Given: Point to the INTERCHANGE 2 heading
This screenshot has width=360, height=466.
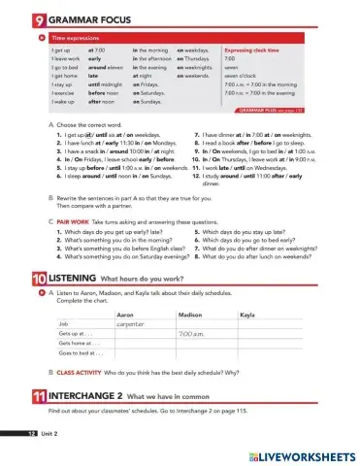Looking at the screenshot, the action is (x=85, y=397).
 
